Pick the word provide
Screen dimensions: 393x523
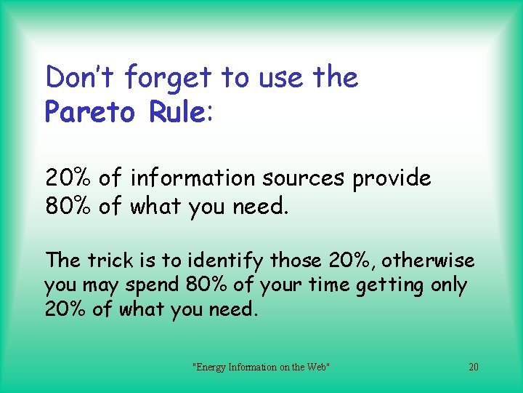392,179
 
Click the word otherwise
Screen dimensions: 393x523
429,260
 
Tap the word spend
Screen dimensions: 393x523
154,286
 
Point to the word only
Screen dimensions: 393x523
448,286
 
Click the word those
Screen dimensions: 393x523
296,260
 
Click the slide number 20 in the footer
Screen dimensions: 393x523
474,367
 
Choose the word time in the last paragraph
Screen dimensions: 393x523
329,285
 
